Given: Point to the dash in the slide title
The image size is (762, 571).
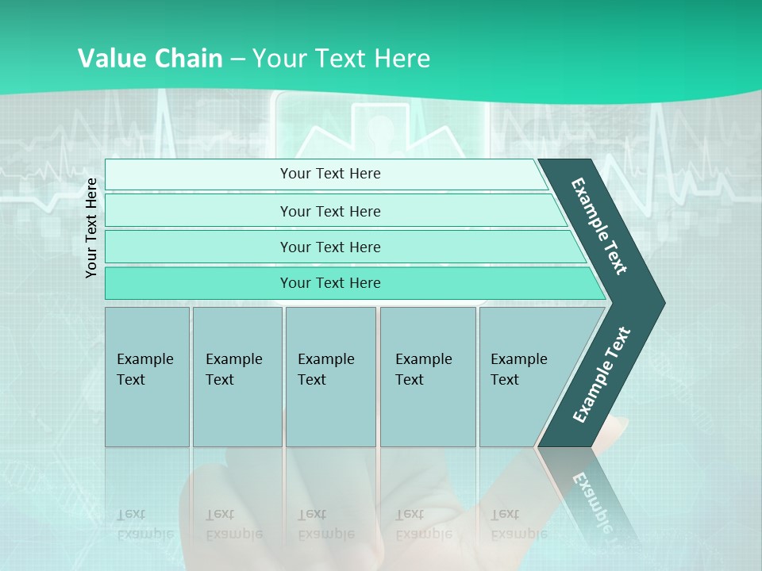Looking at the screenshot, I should click(x=237, y=59).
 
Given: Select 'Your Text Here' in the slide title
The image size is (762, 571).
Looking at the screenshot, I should click(x=341, y=59).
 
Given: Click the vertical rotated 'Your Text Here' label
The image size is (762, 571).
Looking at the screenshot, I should click(x=91, y=228).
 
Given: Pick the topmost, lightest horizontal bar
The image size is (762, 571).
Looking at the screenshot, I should click(x=325, y=174).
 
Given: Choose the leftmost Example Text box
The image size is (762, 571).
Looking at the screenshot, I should click(x=147, y=377).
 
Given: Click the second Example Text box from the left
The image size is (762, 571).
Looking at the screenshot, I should click(x=237, y=377).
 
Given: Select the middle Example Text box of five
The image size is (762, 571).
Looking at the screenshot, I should click(x=330, y=377).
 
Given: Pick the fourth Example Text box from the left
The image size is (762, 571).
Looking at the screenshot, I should click(x=427, y=377).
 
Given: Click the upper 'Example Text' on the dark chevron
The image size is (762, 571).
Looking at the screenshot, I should click(x=599, y=226).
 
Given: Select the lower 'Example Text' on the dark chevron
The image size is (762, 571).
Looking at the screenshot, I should click(x=602, y=374).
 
